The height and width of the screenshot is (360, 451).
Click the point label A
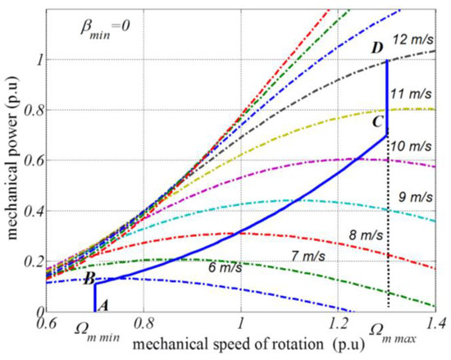102,304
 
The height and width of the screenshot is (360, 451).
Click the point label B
87,278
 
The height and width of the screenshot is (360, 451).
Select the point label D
376,48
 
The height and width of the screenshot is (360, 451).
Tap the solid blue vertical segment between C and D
386,90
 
